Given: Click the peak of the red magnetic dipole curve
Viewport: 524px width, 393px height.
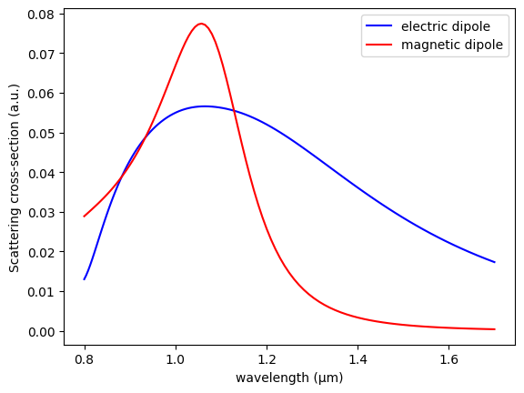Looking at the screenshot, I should (x=201, y=24).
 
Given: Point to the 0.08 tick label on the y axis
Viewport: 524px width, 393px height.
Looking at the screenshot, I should (x=40, y=15).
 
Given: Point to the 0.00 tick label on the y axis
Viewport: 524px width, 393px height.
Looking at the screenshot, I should (x=40, y=331).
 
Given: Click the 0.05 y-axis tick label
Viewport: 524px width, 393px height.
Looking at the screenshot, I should (x=40, y=134).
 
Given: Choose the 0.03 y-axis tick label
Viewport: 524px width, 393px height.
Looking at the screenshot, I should (x=40, y=213).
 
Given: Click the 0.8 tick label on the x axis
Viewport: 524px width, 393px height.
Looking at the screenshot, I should (x=85, y=358).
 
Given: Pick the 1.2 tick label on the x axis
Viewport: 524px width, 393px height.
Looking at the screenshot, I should (x=267, y=358).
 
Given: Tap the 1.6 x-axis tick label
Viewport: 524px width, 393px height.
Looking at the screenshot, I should (x=448, y=358).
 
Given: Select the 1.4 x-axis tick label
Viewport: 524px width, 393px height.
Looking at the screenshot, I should (x=358, y=358).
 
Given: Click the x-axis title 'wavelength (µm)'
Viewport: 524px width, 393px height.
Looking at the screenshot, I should (x=289, y=377).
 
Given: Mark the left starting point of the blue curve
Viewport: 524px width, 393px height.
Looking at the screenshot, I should (x=85, y=279).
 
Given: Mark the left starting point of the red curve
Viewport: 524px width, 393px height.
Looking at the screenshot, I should (x=85, y=217).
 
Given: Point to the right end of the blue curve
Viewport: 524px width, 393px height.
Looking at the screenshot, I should (x=495, y=262).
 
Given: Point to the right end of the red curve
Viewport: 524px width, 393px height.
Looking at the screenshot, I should (x=495, y=329).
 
